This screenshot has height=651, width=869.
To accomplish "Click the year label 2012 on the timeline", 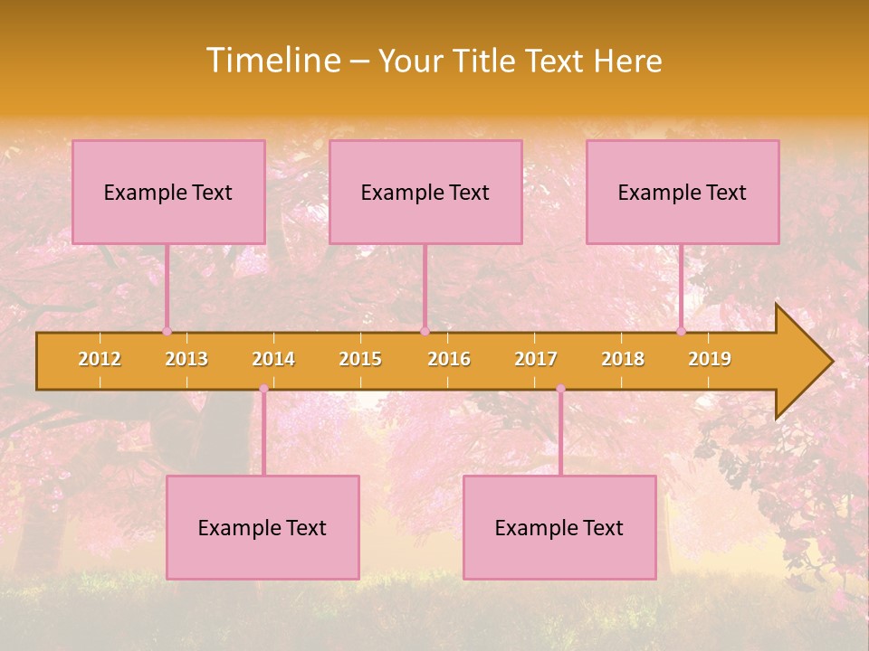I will [100, 359].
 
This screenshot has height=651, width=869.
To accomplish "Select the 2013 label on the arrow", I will [186, 359].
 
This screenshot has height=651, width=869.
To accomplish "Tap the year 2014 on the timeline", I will [273, 359].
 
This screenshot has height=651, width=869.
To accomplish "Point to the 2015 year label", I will [360, 359].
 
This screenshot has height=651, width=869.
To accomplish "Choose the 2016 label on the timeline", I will [449, 359].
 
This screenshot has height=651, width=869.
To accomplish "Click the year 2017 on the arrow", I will [536, 359].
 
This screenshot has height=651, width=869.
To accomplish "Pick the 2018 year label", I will [623, 359].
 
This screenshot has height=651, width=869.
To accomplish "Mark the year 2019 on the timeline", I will [710, 359].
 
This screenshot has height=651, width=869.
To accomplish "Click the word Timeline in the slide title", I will [272, 61].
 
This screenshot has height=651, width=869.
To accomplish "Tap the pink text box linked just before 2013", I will [168, 192].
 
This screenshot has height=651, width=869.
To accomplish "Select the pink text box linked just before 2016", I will [425, 192].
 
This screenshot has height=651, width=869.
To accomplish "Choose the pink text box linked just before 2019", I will [683, 192].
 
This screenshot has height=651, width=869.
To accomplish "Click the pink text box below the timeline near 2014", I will [263, 527].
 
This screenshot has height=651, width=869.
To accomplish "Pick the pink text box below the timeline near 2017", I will [559, 527].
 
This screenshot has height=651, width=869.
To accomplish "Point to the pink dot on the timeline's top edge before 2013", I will [167, 331].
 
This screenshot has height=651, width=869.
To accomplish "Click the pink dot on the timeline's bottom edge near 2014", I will [263, 389].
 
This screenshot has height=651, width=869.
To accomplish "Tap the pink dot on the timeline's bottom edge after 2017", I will [560, 389].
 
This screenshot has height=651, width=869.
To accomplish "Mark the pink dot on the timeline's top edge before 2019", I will [681, 331].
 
